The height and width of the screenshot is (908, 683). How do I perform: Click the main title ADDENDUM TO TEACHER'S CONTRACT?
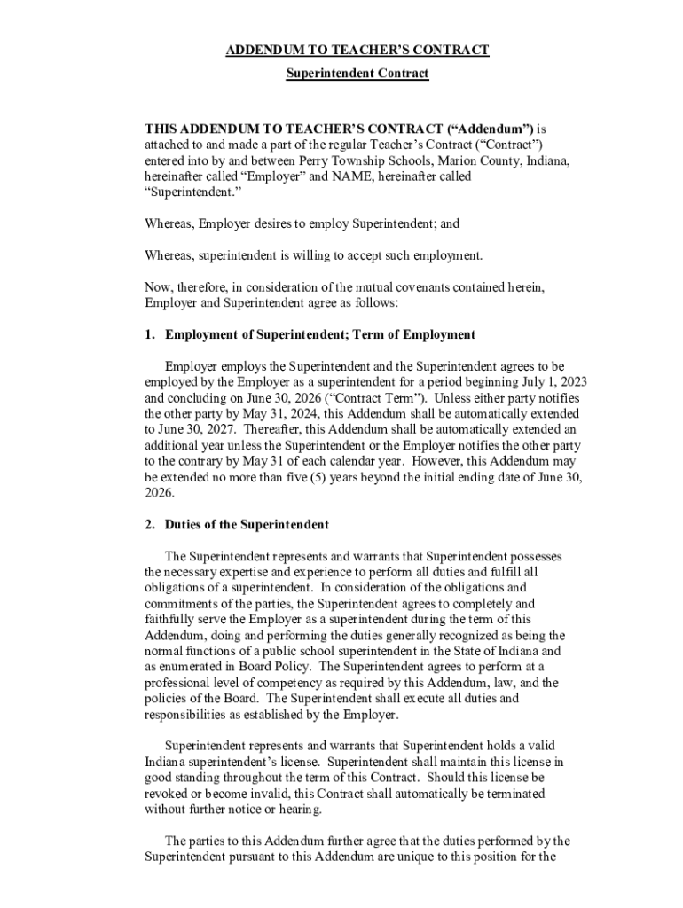(x=357, y=51)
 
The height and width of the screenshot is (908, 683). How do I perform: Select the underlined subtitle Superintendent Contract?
(x=357, y=74)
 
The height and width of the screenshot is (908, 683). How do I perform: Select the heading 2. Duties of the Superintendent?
(x=237, y=524)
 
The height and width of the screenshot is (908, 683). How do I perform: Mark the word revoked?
(x=168, y=794)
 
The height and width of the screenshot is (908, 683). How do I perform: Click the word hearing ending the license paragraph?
(x=300, y=810)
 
